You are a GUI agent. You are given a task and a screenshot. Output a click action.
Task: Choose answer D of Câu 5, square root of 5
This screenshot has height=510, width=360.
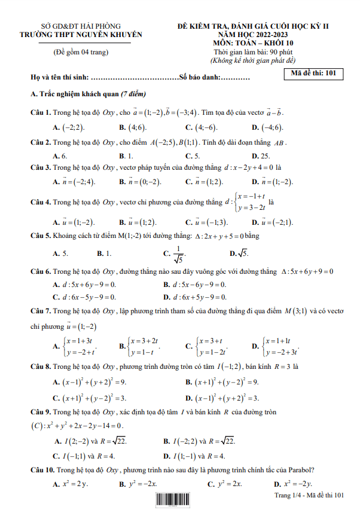(239, 254)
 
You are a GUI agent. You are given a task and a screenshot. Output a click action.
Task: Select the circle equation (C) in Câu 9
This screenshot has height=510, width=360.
(77, 426)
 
